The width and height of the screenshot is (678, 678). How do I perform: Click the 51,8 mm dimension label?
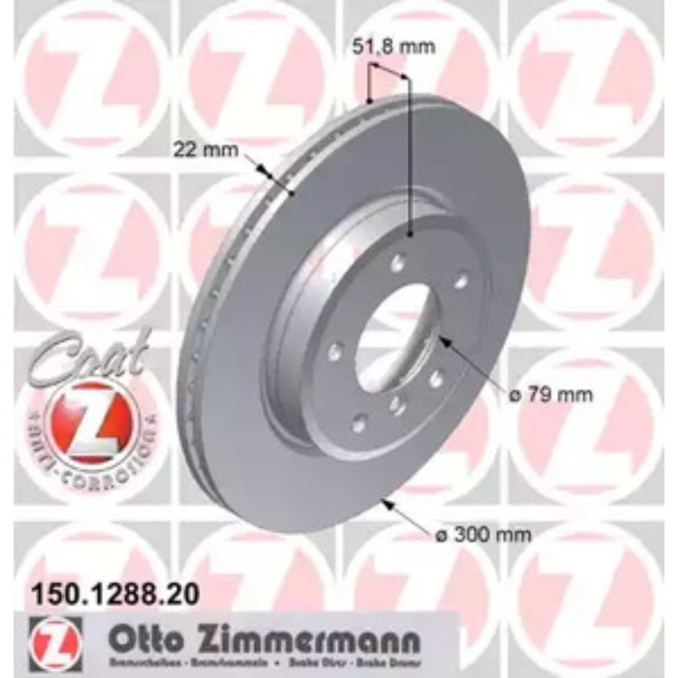pos(379,46)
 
